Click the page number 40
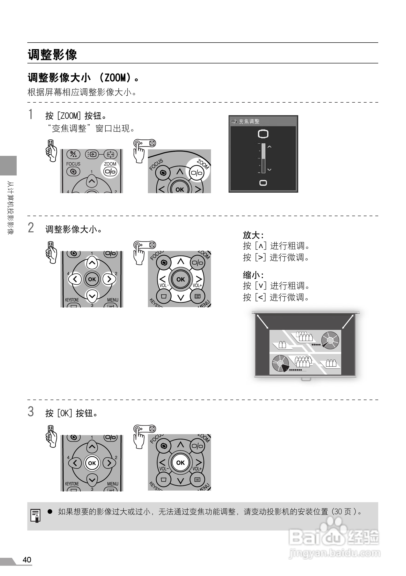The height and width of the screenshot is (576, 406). pyautogui.click(x=27, y=560)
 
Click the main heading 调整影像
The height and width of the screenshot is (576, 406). pyautogui.click(x=52, y=54)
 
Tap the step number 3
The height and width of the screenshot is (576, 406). pyautogui.click(x=30, y=412)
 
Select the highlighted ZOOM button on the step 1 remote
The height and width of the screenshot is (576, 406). pyautogui.click(x=110, y=171)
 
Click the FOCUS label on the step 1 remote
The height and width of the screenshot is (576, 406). pyautogui.click(x=73, y=164)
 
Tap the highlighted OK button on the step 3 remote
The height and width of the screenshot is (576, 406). pyautogui.click(x=92, y=463)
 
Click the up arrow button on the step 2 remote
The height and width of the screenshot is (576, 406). pyautogui.click(x=92, y=263)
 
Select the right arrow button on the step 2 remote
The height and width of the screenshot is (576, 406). pyautogui.click(x=109, y=279)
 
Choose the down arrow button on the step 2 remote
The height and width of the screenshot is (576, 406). pyautogui.click(x=92, y=296)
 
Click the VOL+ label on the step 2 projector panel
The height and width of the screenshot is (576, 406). pyautogui.click(x=197, y=286)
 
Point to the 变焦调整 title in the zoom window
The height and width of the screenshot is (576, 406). pyautogui.click(x=249, y=122)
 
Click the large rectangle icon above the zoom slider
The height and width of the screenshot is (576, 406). pyautogui.click(x=263, y=134)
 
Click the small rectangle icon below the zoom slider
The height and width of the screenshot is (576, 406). pyautogui.click(x=263, y=183)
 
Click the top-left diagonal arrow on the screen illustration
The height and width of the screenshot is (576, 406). pyautogui.click(x=262, y=322)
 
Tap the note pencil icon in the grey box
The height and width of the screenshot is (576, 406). pyautogui.click(x=35, y=515)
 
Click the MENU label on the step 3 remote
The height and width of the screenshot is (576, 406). pyautogui.click(x=112, y=484)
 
